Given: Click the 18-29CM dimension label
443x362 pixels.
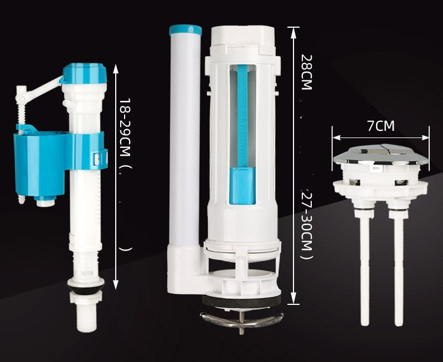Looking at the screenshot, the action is click(125, 128).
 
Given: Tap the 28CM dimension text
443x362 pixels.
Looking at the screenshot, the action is click(306, 72).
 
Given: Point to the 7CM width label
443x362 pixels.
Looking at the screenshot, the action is click(381, 126).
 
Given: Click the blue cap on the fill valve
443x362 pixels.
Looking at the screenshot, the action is click(85, 74).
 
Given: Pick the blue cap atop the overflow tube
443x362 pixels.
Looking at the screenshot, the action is click(186, 30).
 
